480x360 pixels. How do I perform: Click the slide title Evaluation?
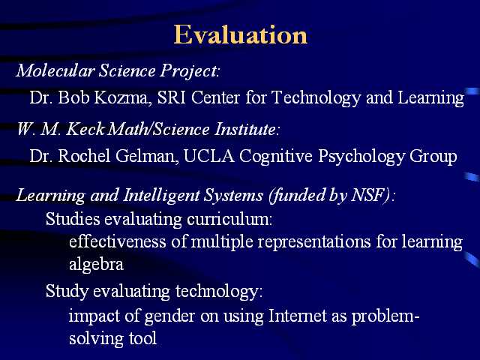[x=240, y=35]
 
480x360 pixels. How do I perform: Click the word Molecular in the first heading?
[x=55, y=70]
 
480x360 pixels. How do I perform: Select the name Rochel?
[x=84, y=156]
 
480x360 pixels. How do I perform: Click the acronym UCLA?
[x=208, y=156]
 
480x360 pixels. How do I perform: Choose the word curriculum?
[x=229, y=219]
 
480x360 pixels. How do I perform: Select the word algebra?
[x=96, y=264]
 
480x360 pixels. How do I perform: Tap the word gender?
[x=169, y=316]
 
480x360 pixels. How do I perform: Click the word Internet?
[x=297, y=315]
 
